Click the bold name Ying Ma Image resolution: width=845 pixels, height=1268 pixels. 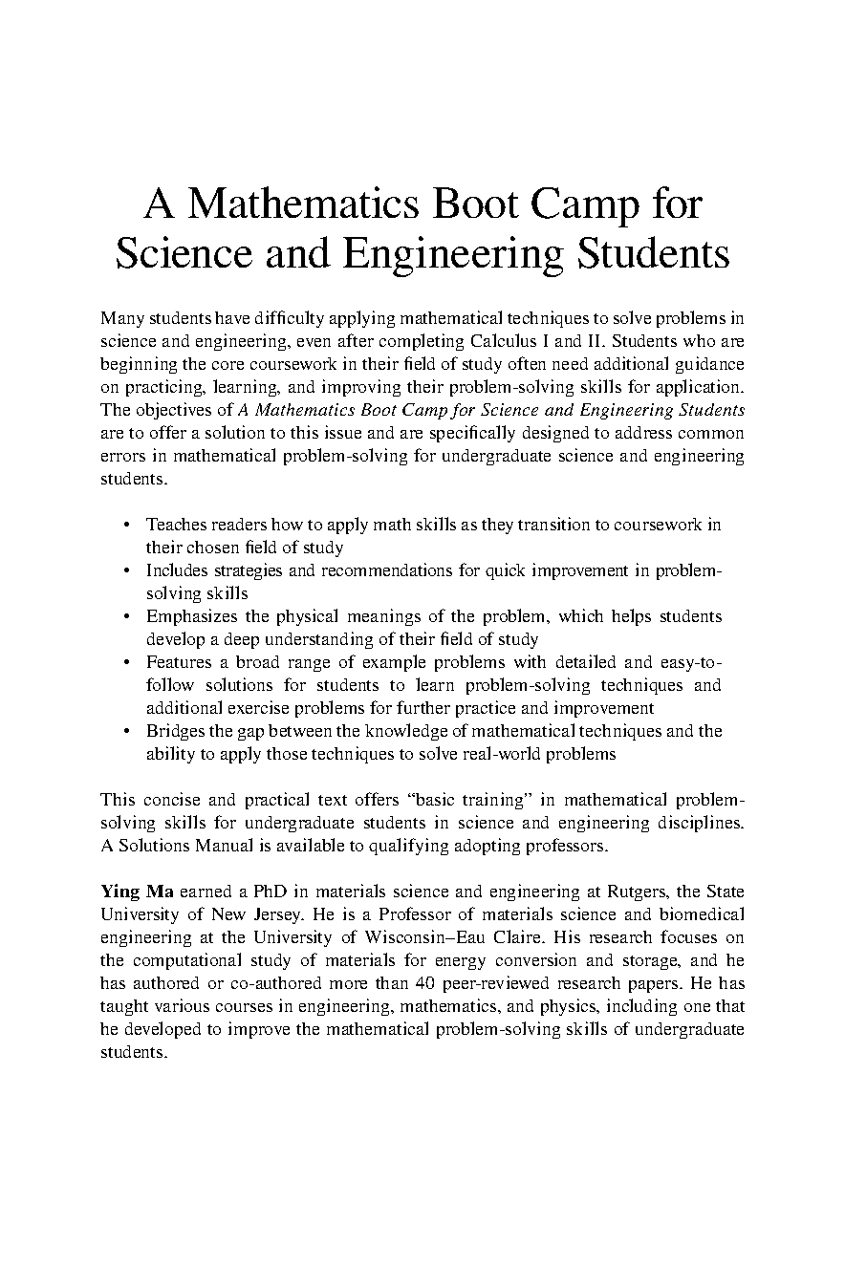pyautogui.click(x=135, y=892)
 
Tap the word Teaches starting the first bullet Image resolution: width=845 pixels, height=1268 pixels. pyautogui.click(x=176, y=525)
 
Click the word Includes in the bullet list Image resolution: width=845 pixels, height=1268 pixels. pyautogui.click(x=178, y=570)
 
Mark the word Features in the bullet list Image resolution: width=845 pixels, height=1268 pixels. pyautogui.click(x=179, y=662)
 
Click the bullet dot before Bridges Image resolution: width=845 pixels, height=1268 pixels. pyautogui.click(x=127, y=731)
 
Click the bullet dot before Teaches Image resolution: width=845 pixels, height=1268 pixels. pyautogui.click(x=127, y=525)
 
